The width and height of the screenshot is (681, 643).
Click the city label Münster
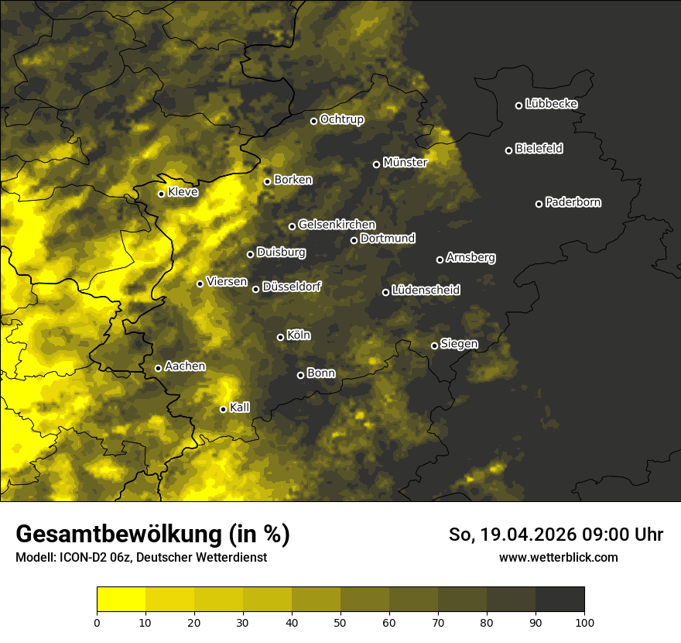[405, 163]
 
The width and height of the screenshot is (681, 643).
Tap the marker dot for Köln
[280, 337]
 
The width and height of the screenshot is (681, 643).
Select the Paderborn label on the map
[573, 202]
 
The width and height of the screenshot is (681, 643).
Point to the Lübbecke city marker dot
[518, 105]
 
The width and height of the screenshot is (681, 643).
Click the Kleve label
[183, 192]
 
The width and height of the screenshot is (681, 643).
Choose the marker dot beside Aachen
[158, 368]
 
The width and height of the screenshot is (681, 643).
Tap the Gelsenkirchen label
[337, 225]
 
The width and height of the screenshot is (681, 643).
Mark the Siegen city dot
[434, 346]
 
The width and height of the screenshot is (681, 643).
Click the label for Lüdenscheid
[426, 291]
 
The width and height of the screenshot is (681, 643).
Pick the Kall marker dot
[223, 409]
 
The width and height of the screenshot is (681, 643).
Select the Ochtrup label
[341, 119]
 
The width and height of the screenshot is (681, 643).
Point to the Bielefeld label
[539, 149]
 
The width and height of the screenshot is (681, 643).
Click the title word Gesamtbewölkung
[116, 535]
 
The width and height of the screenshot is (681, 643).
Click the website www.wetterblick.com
[558, 557]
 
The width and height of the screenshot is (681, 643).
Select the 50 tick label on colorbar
[340, 621]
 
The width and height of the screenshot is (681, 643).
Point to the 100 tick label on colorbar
[584, 621]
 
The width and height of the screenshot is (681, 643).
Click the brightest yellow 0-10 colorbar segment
[121, 599]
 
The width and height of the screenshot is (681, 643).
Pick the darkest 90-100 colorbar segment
[560, 599]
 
